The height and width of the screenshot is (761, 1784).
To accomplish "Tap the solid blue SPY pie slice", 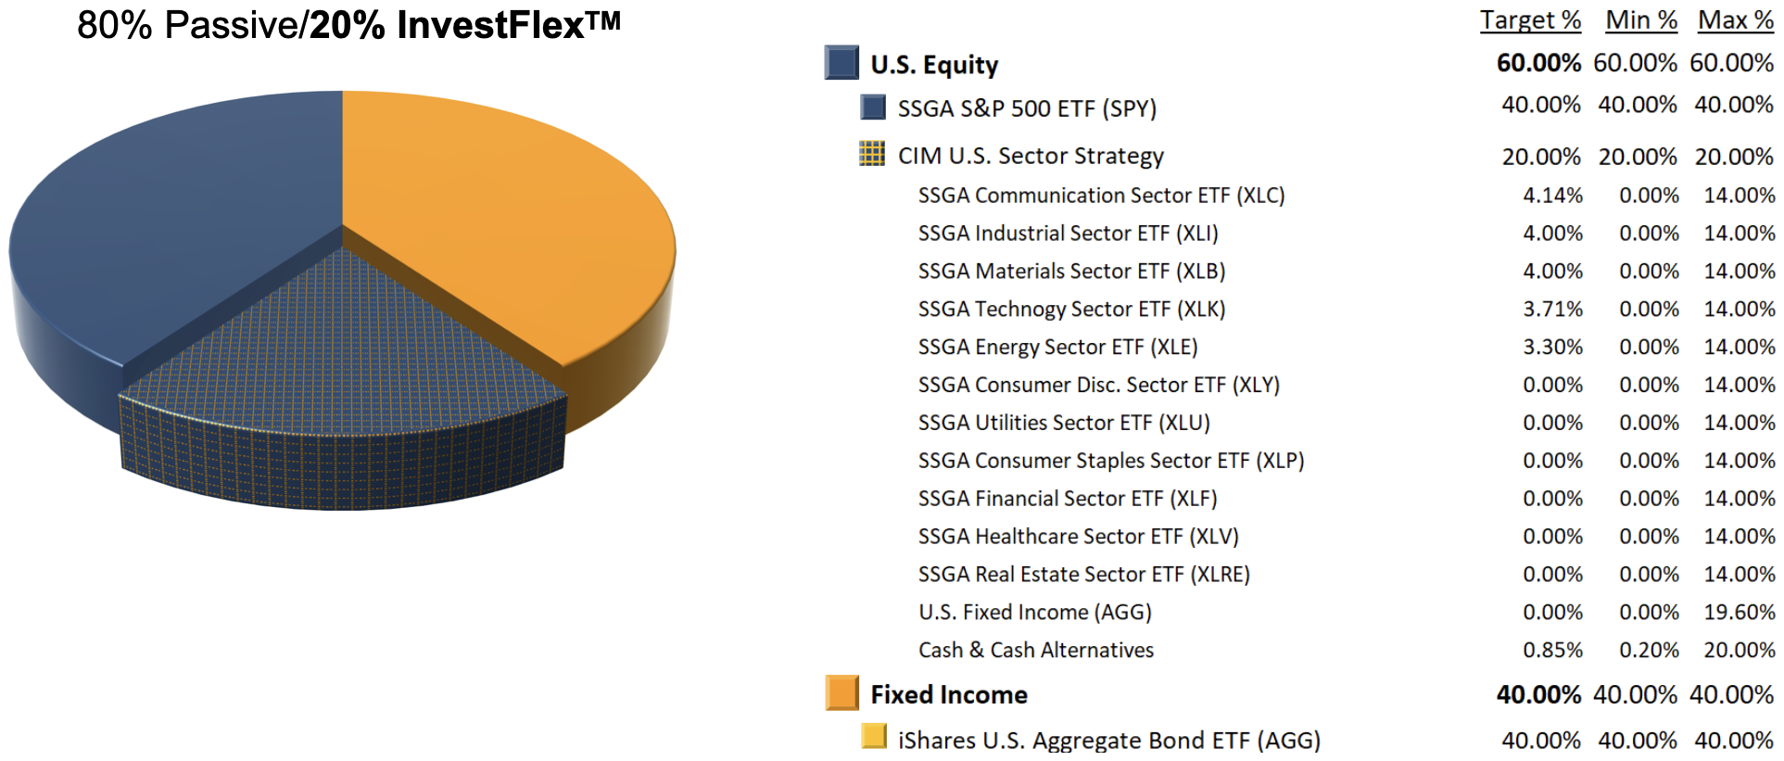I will pyautogui.click(x=167, y=232).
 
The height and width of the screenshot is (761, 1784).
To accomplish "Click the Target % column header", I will pyautogui.click(x=1530, y=20).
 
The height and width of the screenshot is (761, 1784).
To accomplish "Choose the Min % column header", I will pyautogui.click(x=1641, y=20).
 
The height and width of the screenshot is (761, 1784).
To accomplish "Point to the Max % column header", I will pyautogui.click(x=1735, y=20).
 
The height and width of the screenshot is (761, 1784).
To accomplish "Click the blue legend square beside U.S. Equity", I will pyautogui.click(x=841, y=63).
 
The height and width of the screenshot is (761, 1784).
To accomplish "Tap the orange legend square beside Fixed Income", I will pyautogui.click(x=842, y=692).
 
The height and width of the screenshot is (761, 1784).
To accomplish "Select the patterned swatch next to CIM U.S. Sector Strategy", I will pyautogui.click(x=872, y=154).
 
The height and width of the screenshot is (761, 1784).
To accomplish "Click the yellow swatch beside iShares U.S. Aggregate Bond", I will pyautogui.click(x=873, y=737).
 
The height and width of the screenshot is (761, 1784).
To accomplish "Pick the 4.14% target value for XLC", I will pyautogui.click(x=1552, y=196).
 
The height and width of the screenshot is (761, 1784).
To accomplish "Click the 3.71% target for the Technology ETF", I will pyautogui.click(x=1552, y=310).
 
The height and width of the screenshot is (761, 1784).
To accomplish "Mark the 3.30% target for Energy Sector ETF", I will pyautogui.click(x=1552, y=348).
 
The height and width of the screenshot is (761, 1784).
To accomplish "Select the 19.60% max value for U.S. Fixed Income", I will pyautogui.click(x=1740, y=613).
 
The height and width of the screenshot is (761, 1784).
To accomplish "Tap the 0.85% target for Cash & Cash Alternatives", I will pyautogui.click(x=1552, y=651).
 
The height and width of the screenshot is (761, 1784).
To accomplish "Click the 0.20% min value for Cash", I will pyautogui.click(x=1649, y=651).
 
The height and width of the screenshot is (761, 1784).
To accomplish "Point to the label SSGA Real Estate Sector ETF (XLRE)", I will pyautogui.click(x=1083, y=575).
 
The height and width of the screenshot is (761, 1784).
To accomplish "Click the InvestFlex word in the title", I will pyautogui.click(x=490, y=25).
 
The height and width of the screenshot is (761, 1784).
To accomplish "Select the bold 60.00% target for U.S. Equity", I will pyautogui.click(x=1538, y=63).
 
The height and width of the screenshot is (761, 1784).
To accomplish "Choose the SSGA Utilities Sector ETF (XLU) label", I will pyautogui.click(x=1064, y=424).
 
